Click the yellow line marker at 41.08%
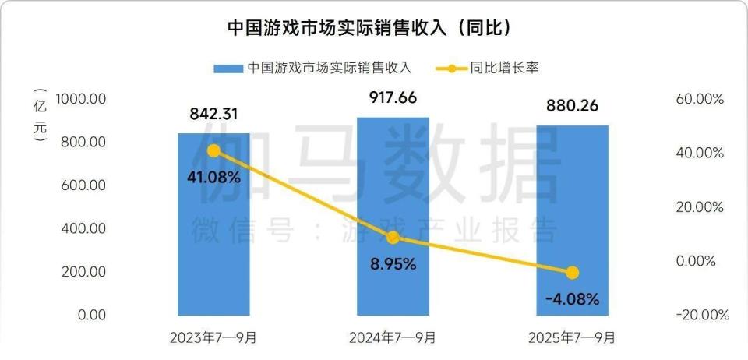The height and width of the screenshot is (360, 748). pos(213,151)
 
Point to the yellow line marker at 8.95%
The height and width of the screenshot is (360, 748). pos(393,238)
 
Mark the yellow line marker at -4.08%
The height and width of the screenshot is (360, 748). pos(573,272)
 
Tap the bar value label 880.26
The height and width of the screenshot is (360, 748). pos(572,107)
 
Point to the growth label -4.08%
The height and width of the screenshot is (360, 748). pos(572,298)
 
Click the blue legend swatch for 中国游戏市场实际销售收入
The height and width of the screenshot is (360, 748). pos(228,69)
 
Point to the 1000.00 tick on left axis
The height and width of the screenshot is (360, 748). pos(80,99)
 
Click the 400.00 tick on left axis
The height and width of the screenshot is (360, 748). pos(83,229)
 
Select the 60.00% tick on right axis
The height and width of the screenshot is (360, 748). pos(699,100)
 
